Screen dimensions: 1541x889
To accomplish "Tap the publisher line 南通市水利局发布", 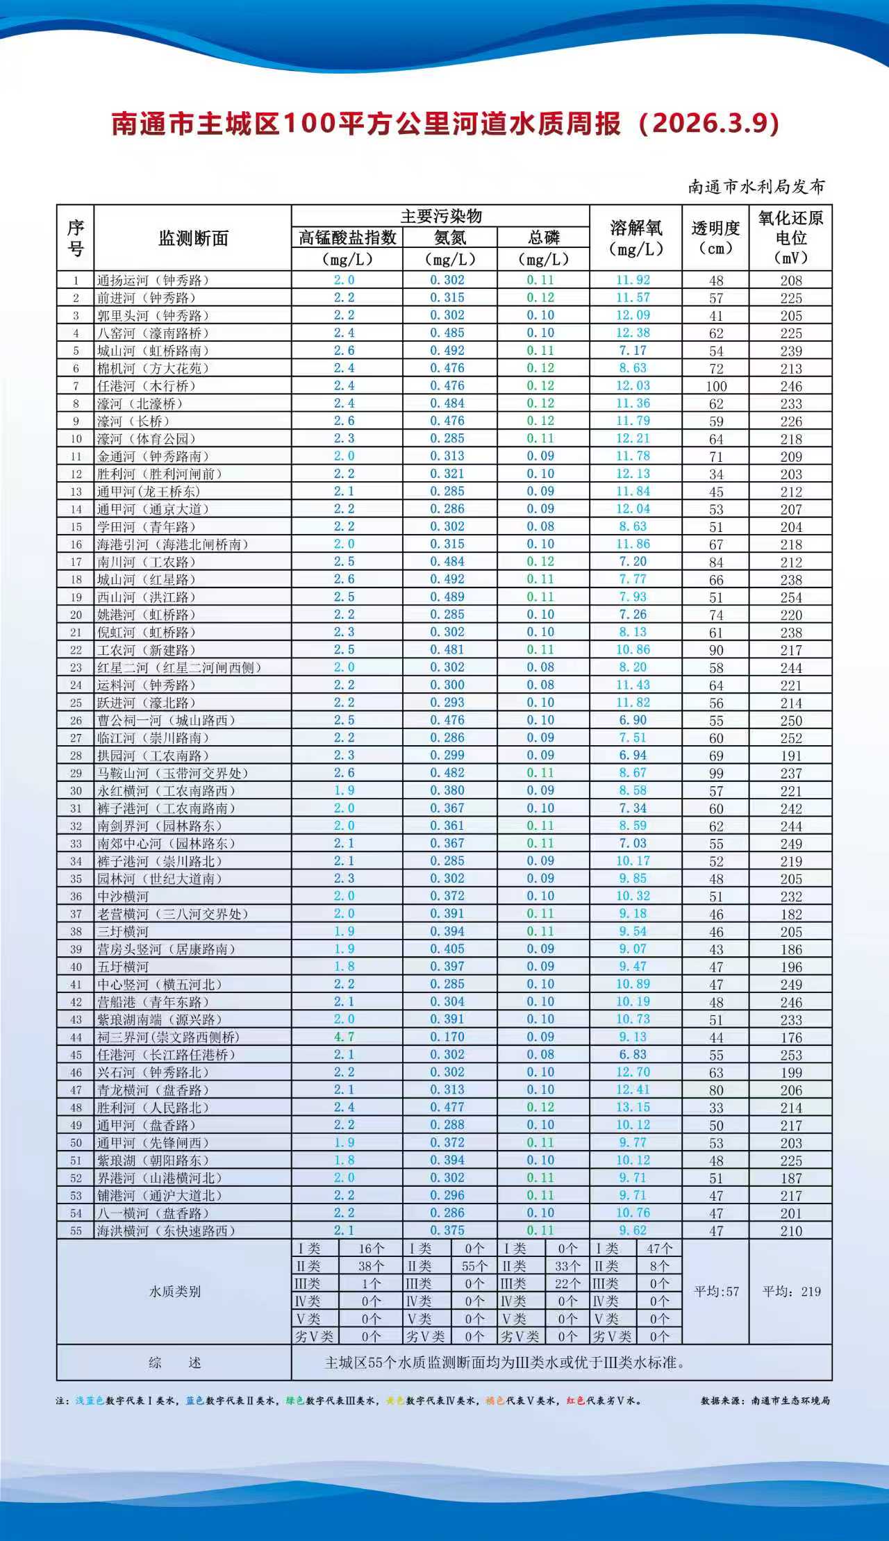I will [756, 187].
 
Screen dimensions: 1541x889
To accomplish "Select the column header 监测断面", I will [193, 238].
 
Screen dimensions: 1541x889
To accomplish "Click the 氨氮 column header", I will [450, 238].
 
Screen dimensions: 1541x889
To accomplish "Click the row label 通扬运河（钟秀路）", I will [153, 281].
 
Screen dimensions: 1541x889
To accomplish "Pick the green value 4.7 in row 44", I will [344, 1037].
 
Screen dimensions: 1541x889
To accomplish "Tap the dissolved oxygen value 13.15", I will [633, 1107].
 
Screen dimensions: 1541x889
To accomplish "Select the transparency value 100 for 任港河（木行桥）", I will [716, 386].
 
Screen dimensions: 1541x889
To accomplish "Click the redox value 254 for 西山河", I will [790, 597].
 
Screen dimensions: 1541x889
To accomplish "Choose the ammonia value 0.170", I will [447, 1037].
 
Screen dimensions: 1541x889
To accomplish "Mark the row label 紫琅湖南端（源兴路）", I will [159, 1019].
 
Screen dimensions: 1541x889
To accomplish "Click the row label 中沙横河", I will [123, 897].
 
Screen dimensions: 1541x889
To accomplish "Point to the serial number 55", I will [76, 1231].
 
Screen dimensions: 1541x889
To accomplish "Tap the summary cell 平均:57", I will [716, 1292].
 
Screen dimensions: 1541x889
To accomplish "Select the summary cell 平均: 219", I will [791, 1292].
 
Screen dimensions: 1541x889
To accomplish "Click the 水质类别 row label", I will [174, 1292].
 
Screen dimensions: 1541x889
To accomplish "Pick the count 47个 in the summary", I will [659, 1249].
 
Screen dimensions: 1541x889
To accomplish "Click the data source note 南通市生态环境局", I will [790, 1401].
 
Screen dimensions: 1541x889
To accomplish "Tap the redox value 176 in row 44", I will [790, 1038].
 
